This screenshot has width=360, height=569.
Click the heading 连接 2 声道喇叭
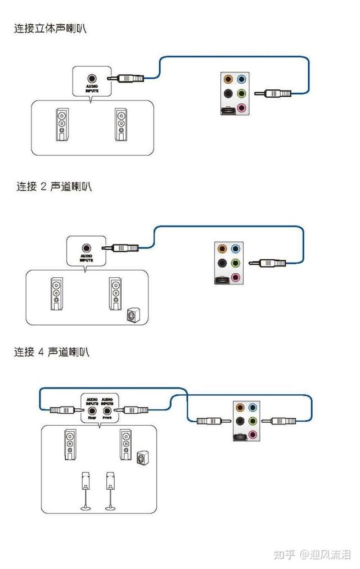[x=53, y=187]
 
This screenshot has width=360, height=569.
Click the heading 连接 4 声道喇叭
[x=52, y=353]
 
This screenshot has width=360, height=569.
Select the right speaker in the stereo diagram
[x=120, y=124]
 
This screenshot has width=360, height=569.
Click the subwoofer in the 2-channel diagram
[x=132, y=316]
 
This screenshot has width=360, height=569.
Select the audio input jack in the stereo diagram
[x=91, y=79]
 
